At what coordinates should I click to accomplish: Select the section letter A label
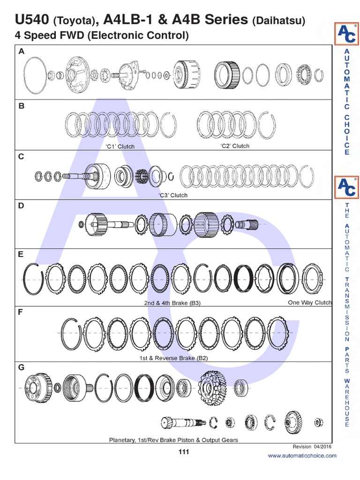point(21,52)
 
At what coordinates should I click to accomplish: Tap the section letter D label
point(21,206)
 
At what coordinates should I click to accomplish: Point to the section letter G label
point(21,367)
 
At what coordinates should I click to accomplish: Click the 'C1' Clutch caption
point(120,147)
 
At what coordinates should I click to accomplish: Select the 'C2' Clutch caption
point(235,146)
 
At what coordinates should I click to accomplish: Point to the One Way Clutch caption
point(309,303)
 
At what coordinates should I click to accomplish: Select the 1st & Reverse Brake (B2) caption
point(173,358)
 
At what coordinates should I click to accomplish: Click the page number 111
point(183,452)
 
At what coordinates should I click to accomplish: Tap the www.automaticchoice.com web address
point(302,456)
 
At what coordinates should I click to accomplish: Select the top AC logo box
point(347,35)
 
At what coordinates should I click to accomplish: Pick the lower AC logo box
point(347,187)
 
